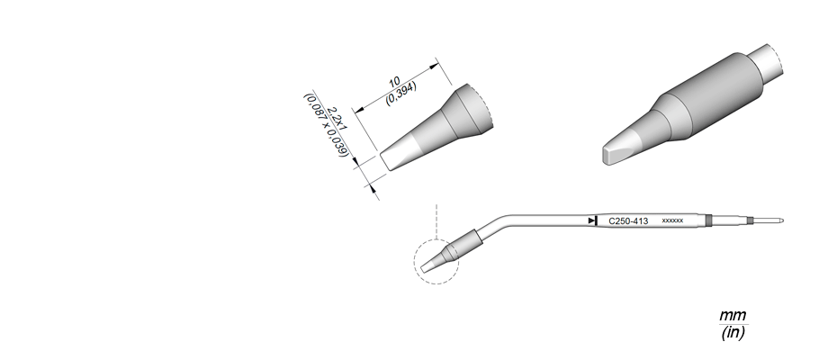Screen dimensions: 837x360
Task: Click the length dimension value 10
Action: click(394, 83)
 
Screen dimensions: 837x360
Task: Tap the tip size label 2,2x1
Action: click(337, 119)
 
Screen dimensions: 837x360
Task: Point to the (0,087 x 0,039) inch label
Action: click(326, 125)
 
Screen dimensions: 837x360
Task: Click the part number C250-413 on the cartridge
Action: click(628, 221)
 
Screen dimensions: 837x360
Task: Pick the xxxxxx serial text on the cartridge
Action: click(672, 220)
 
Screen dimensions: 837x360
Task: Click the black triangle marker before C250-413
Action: click(592, 220)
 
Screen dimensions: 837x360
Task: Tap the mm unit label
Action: click(733, 315)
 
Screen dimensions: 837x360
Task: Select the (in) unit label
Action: click(733, 332)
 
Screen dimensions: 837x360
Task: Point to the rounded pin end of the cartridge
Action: click(781, 220)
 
